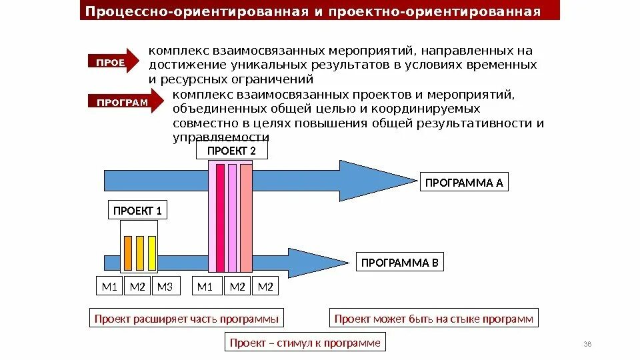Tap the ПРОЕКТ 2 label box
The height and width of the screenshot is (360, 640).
(x=231, y=151)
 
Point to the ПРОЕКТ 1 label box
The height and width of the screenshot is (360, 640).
(x=137, y=211)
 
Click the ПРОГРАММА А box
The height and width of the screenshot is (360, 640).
(x=464, y=183)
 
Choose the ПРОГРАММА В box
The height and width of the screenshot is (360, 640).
(x=400, y=263)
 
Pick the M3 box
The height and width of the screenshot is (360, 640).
(x=164, y=287)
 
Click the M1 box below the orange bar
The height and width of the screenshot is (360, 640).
(x=109, y=287)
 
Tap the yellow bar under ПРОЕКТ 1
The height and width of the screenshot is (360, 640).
(x=152, y=253)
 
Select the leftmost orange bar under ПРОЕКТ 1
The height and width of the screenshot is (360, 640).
(x=127, y=253)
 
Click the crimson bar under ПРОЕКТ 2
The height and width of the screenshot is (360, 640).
(x=220, y=217)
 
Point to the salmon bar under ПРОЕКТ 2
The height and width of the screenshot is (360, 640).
(x=246, y=217)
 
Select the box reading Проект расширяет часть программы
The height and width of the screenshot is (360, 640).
(x=186, y=319)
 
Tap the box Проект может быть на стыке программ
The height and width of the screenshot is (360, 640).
(x=434, y=319)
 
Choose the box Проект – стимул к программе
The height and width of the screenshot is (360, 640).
(x=305, y=343)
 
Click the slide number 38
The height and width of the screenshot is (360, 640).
(x=587, y=344)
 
